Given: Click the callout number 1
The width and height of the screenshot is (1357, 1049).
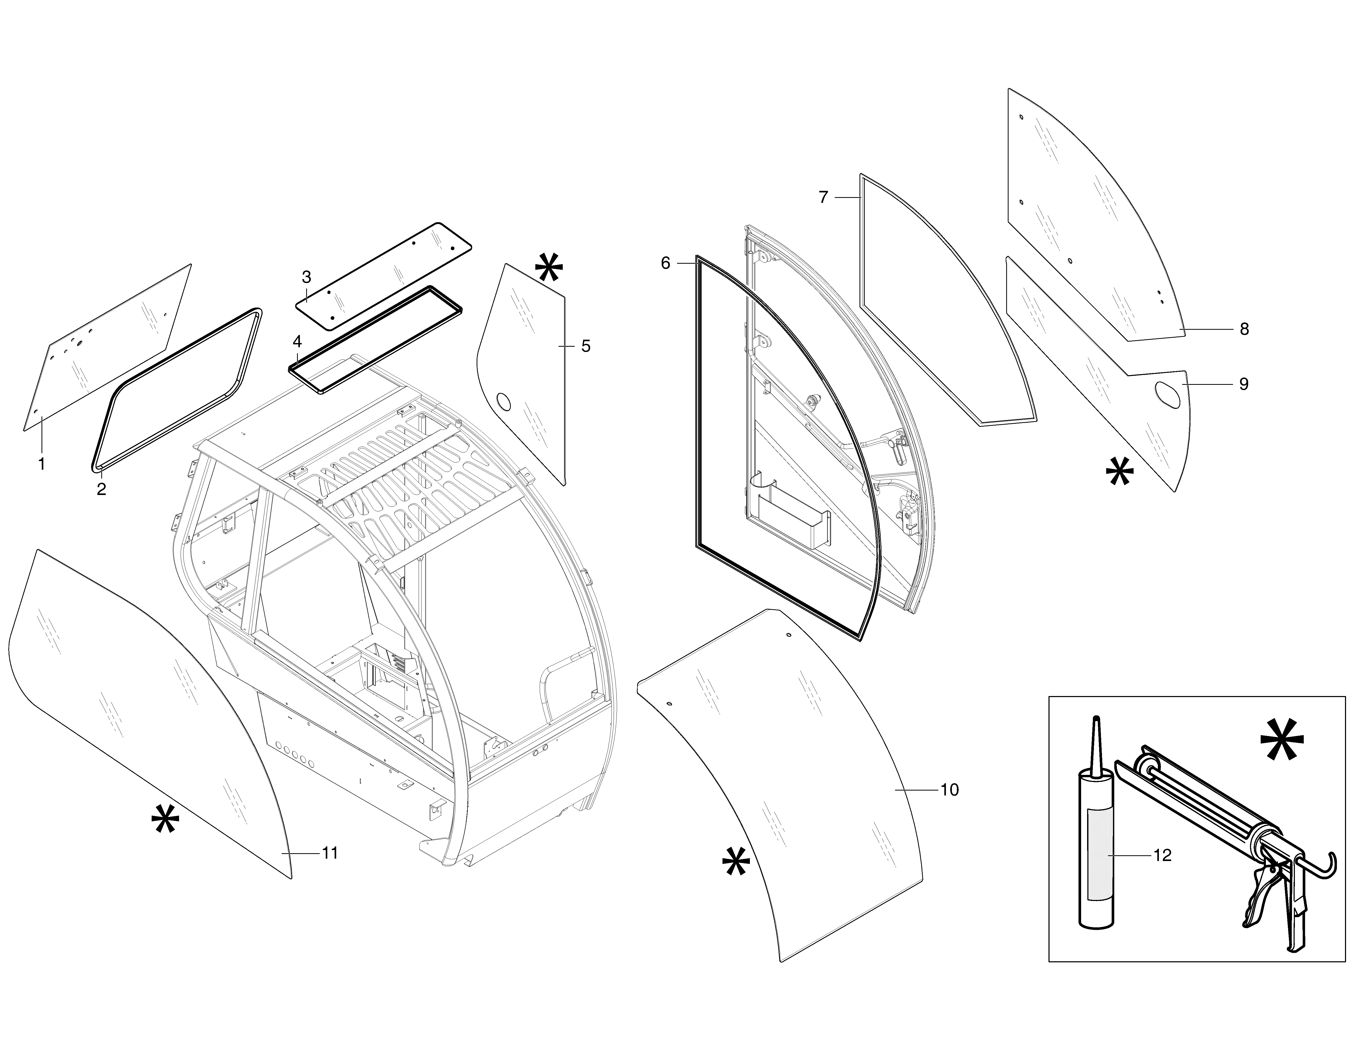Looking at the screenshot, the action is [42, 464].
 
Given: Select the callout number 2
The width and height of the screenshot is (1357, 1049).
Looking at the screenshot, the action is [101, 489].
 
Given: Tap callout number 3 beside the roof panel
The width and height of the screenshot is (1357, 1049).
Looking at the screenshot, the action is [306, 276].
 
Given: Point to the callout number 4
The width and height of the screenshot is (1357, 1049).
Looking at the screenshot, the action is [297, 342].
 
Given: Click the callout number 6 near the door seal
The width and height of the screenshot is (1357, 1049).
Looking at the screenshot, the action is [666, 263].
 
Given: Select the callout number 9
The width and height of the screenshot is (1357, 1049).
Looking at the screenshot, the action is [1244, 384].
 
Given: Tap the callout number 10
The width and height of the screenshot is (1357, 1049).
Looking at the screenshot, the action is [949, 790].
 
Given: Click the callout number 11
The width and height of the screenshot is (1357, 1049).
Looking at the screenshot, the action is [330, 853].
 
